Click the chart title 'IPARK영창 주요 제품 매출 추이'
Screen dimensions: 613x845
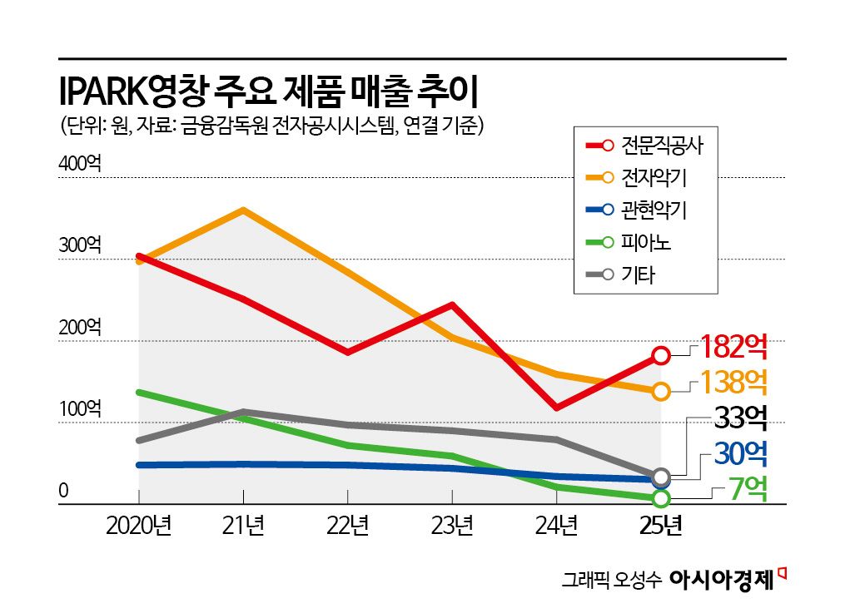268,90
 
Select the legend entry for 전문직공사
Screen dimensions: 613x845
645,146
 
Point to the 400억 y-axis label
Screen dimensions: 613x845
80,164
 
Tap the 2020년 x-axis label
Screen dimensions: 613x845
138,526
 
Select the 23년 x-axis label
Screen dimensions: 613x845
451,526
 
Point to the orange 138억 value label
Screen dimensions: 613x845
733,382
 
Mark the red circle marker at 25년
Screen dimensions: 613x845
661,355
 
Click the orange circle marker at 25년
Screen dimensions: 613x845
661,391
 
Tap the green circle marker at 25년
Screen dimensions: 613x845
661,498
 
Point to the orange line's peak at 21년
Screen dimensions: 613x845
242,210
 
